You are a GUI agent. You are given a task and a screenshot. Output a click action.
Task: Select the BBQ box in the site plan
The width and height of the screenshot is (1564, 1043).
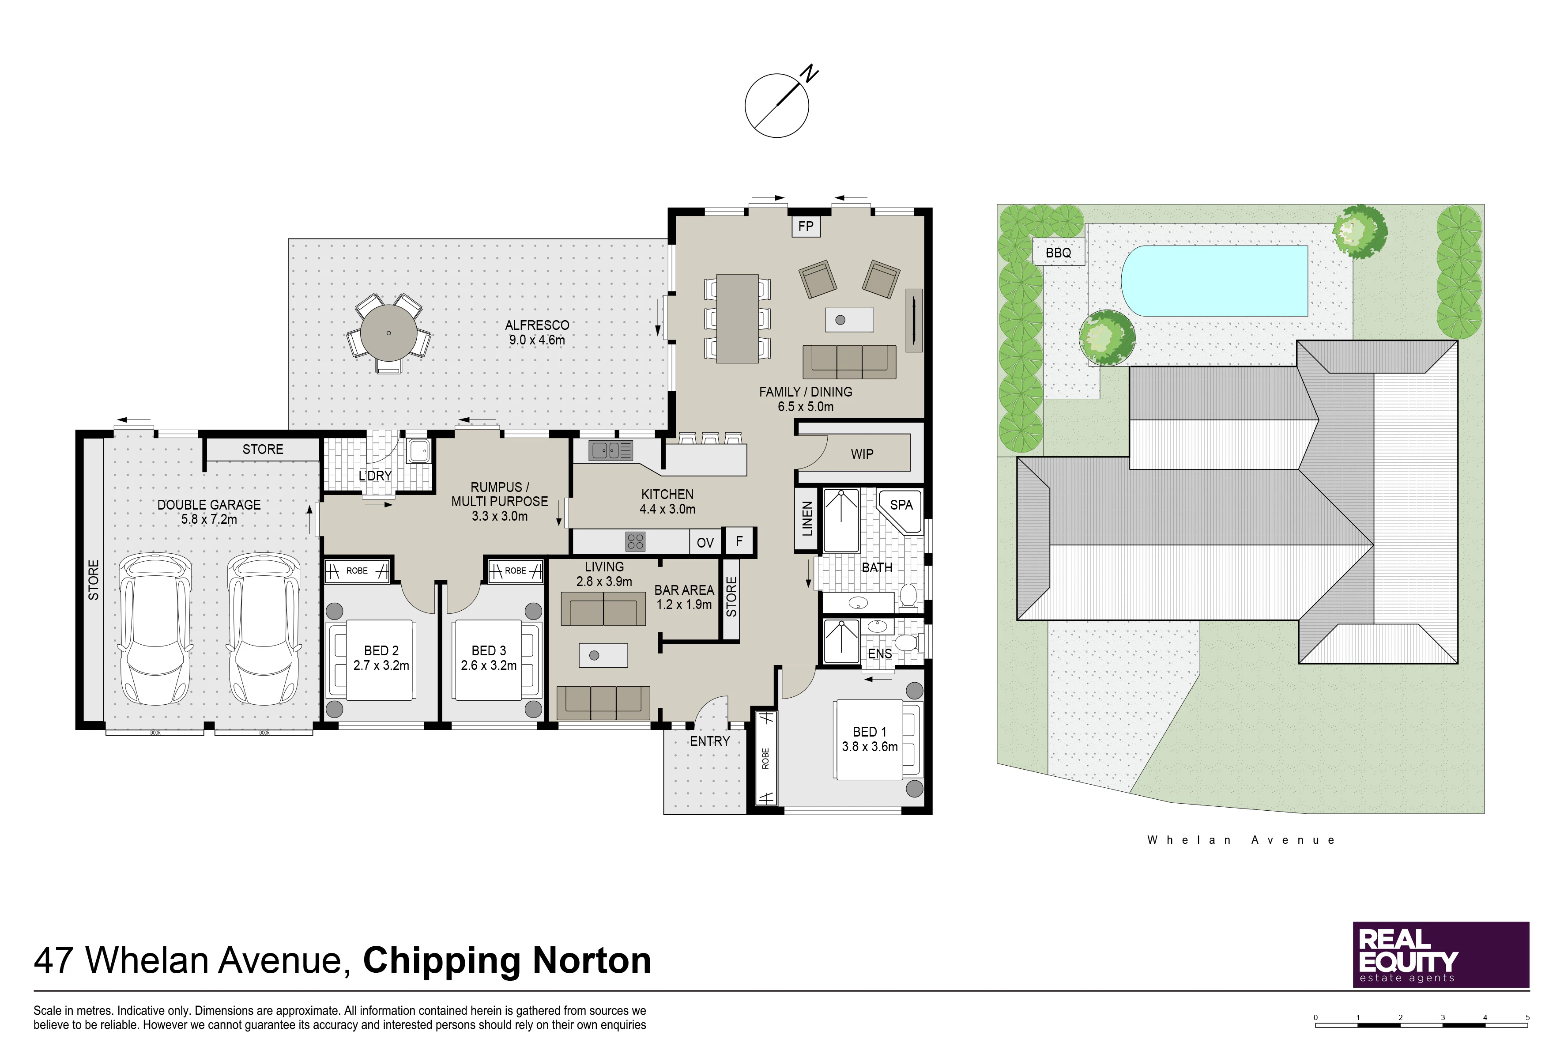(1058, 253)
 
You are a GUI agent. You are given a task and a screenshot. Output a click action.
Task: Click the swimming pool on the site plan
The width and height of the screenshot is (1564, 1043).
(1214, 281)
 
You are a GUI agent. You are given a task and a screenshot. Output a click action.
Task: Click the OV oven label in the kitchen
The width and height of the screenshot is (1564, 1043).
(705, 543)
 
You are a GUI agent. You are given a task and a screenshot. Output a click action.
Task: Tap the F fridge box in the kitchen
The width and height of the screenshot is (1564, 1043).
(739, 541)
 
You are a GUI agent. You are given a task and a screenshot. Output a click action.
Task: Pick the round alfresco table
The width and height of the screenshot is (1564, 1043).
(388, 333)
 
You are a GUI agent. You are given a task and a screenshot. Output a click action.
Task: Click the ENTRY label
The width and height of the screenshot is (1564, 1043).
(709, 741)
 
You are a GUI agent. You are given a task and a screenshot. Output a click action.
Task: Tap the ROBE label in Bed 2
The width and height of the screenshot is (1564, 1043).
(357, 571)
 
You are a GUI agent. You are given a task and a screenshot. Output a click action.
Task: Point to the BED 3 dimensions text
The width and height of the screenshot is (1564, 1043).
(489, 665)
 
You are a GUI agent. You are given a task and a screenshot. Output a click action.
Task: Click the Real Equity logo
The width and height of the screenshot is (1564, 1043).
(1441, 955)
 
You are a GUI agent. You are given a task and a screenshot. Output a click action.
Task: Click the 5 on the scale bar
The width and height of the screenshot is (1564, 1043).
(1527, 1017)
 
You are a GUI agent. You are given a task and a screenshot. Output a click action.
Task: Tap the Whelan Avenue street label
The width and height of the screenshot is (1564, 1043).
(1241, 840)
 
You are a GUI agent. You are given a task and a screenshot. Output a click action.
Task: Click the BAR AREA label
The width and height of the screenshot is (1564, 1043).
(684, 590)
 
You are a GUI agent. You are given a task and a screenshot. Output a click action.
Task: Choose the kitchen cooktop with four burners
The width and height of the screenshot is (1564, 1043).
(635, 541)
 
